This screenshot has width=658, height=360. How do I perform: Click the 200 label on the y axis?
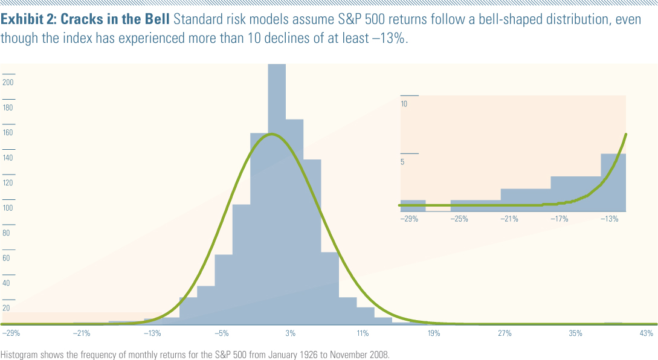pos(8,83)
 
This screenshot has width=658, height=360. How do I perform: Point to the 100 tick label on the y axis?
pos(8,208)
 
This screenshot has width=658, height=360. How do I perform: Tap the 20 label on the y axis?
pos(7,308)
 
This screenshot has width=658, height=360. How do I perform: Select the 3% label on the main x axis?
pos(291,333)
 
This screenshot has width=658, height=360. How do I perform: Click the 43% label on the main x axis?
pos(647,333)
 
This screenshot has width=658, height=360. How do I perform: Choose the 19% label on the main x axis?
pos(433,333)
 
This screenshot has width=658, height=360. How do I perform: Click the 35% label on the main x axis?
pos(575,333)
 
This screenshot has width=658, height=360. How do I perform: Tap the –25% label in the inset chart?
pos(459,219)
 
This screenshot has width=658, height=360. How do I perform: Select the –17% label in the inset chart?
pos(559,219)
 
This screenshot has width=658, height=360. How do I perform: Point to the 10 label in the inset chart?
pos(404,104)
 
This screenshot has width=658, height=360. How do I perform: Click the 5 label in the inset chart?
pos(403,162)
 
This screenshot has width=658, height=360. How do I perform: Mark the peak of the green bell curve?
pos(272,134)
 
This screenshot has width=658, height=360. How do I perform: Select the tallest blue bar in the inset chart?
pos(613,181)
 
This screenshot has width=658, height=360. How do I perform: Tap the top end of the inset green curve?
pos(625,135)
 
